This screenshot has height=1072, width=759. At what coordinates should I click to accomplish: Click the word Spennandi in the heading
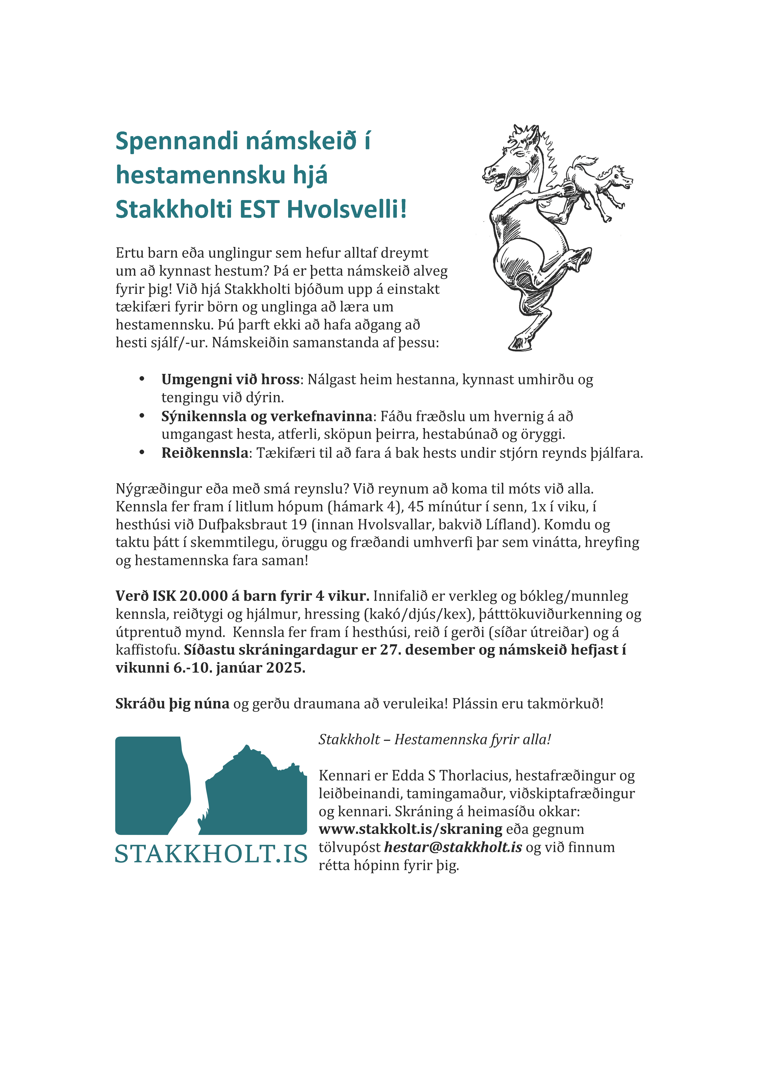coord(178,141)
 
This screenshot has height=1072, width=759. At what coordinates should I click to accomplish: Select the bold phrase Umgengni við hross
coord(230,379)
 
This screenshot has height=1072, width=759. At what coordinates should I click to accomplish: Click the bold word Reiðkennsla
coord(205,453)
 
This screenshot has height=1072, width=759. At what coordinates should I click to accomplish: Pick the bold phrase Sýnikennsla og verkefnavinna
coord(267,416)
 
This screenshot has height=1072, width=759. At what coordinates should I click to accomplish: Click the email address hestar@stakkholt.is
coord(453,847)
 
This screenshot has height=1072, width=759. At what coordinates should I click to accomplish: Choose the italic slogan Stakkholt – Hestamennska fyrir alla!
coord(435,740)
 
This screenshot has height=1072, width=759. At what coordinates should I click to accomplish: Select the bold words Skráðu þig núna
coord(172,703)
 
